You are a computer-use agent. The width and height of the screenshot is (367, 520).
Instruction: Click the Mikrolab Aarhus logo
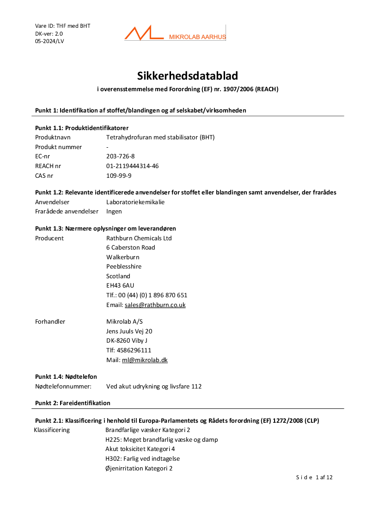(x=175, y=33)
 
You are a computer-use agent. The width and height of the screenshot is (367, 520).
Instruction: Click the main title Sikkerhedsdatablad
(x=188, y=75)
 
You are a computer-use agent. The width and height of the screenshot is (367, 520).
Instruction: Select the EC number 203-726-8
(x=120, y=157)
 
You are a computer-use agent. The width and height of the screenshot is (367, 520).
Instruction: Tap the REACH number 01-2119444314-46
(x=132, y=166)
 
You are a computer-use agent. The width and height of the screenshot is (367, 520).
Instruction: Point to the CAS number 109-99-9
(x=119, y=175)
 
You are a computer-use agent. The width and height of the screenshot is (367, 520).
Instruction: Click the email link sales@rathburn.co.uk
(x=155, y=305)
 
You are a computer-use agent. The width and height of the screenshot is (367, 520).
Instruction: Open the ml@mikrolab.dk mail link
(x=145, y=360)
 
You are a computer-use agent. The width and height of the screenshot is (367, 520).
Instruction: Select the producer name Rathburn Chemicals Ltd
(x=139, y=238)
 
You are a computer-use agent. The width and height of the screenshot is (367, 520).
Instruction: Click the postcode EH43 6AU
(x=120, y=285)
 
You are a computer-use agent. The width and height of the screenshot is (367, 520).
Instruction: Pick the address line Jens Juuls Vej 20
(x=129, y=331)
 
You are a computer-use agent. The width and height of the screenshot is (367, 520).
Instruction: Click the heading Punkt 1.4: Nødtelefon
(x=66, y=376)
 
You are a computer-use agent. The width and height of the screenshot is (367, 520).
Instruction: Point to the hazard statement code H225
(x=112, y=439)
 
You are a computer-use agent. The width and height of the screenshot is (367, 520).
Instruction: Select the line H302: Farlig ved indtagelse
(x=142, y=458)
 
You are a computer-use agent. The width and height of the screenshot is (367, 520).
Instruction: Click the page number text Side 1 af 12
(x=314, y=477)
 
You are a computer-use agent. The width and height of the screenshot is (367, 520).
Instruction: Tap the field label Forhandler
(x=50, y=321)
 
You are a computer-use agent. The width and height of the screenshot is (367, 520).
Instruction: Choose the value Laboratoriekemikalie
(x=135, y=202)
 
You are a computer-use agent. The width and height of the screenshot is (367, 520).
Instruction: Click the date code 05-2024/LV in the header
(x=49, y=41)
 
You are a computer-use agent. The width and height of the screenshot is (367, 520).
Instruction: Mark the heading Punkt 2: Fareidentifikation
(x=73, y=403)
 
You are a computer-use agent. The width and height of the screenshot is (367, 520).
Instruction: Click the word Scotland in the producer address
(x=118, y=276)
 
